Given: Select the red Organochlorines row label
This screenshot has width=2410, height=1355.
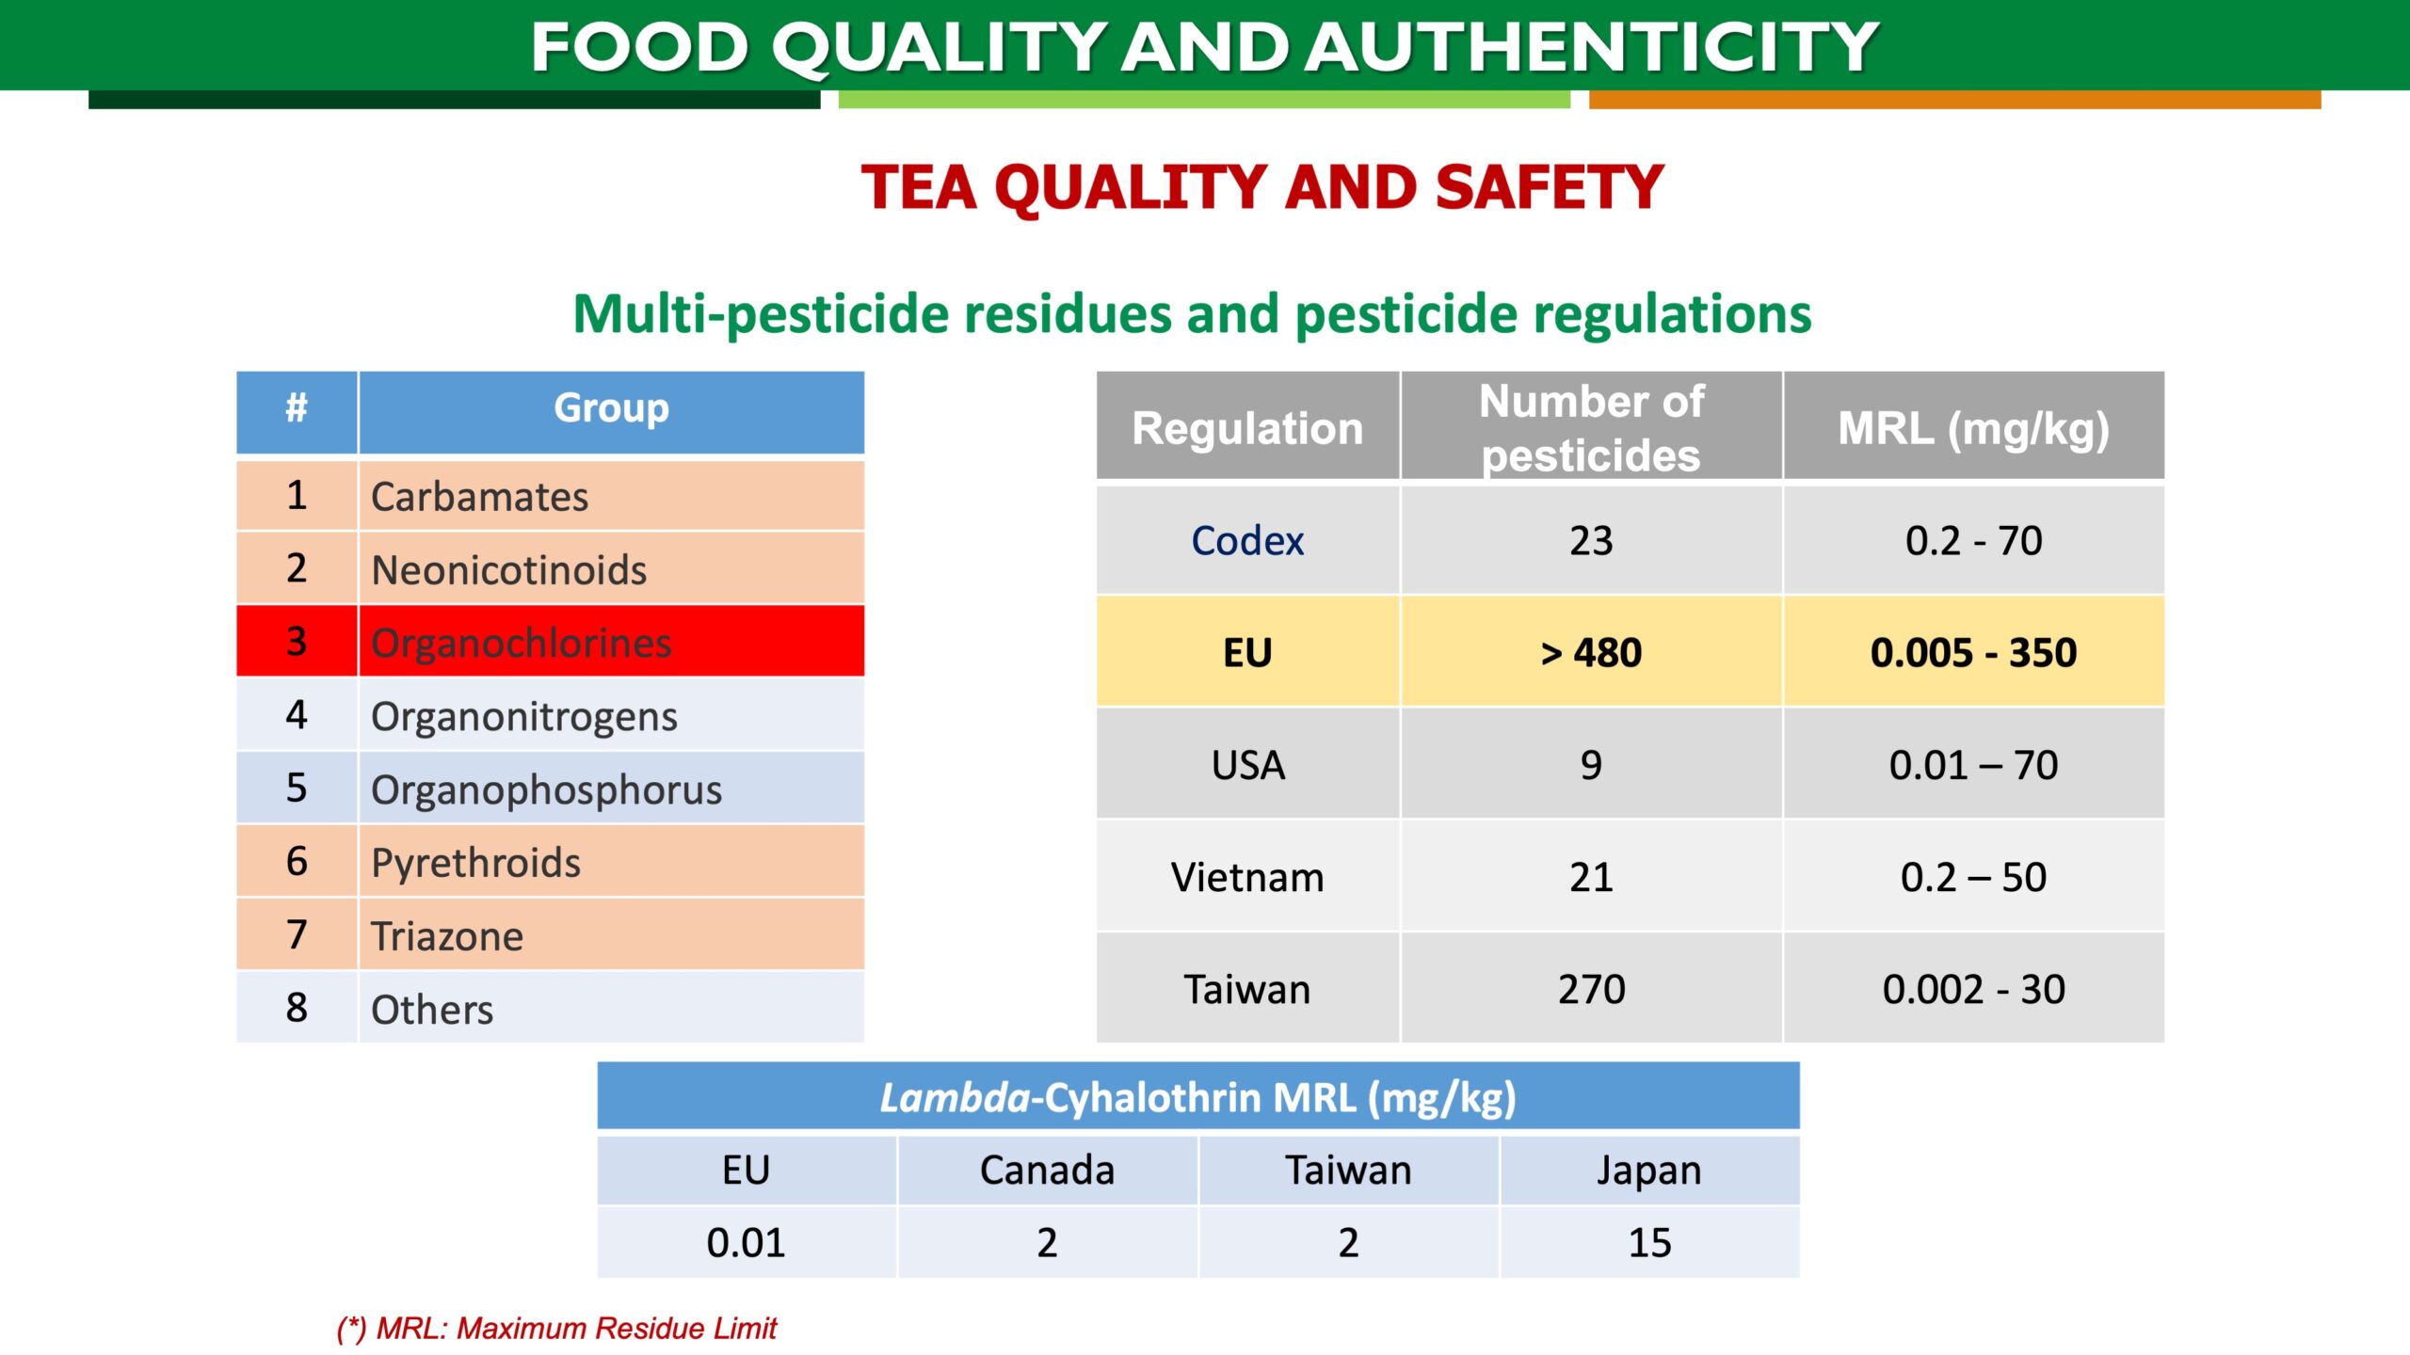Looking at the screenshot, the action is click(521, 644).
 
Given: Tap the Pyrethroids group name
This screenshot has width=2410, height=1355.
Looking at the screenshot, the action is click(475, 863).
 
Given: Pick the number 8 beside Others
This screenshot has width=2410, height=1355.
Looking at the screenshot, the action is click(297, 1008).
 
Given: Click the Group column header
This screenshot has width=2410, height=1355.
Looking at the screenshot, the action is click(611, 408).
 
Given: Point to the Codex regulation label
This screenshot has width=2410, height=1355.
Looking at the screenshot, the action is click(1247, 541).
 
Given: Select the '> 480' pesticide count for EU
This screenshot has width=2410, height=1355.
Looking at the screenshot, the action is click(1591, 653).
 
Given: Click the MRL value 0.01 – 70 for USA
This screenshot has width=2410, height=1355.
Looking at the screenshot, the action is click(1973, 765).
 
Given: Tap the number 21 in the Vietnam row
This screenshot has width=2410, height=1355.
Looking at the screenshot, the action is click(1591, 877).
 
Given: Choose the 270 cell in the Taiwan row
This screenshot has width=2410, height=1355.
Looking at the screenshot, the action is click(1591, 989).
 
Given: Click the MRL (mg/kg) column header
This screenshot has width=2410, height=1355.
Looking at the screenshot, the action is click(1973, 429).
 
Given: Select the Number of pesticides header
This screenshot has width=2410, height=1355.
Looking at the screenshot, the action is click(1591, 428).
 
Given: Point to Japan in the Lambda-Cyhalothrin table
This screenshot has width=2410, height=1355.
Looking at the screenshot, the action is click(1649, 1171).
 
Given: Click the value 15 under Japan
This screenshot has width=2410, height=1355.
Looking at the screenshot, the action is click(1649, 1243).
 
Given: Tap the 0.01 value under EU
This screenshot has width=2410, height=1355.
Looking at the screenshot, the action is click(746, 1243).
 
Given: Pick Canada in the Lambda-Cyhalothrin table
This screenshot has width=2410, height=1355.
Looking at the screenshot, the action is click(1047, 1171).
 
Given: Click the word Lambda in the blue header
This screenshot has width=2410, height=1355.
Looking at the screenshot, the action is click(955, 1098).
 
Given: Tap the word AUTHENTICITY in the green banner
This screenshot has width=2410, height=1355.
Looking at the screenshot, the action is click(1593, 47).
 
